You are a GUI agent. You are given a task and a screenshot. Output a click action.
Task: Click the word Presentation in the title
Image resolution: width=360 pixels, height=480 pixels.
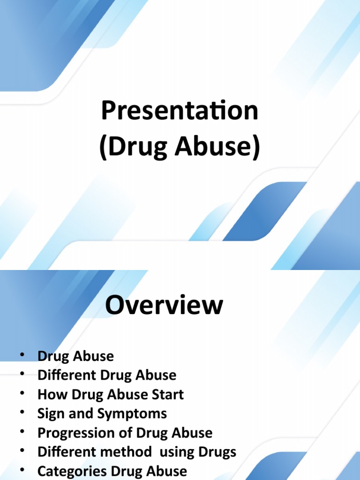click(x=180, y=111)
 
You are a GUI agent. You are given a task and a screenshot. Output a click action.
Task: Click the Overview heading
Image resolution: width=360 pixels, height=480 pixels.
click(x=164, y=305)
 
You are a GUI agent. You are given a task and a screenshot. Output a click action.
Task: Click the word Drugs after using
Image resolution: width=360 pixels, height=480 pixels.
click(x=217, y=452)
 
